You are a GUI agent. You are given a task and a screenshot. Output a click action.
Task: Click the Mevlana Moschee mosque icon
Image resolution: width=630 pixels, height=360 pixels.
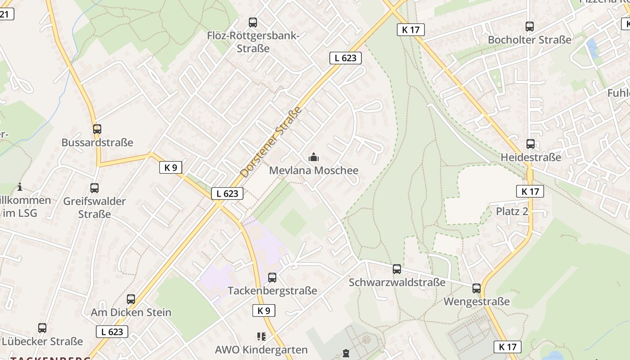(x=314, y=157)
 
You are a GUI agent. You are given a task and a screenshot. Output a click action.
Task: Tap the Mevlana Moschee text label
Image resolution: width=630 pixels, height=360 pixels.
(x=314, y=171)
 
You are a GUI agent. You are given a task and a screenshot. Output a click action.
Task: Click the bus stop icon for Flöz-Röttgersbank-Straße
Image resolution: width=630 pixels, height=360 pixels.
(x=253, y=22)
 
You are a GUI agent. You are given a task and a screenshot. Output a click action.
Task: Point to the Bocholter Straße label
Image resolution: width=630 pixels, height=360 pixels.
(x=530, y=40)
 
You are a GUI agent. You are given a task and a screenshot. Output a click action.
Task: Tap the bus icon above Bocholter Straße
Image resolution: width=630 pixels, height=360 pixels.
(x=530, y=27)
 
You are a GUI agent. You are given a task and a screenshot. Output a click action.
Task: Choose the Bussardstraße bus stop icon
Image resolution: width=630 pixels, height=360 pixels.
(x=97, y=129)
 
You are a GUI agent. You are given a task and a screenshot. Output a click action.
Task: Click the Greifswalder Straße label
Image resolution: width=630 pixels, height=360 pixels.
(x=94, y=207)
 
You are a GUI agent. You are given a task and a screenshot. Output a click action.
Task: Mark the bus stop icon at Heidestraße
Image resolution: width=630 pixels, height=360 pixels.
(x=531, y=144)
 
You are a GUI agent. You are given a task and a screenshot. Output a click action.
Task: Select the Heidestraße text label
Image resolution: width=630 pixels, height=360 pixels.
(x=531, y=157)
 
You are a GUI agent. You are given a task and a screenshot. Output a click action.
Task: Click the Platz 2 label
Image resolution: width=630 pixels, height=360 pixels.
(x=512, y=211)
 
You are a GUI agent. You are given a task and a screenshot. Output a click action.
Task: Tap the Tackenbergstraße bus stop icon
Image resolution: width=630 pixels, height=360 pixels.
(x=272, y=277)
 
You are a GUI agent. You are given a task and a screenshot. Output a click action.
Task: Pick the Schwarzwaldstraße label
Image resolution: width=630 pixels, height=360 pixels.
(x=397, y=283)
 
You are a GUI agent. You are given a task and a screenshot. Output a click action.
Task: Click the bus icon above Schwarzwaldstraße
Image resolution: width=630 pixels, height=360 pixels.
(x=397, y=269)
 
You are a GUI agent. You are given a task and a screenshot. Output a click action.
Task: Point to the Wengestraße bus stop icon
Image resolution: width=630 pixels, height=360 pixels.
(x=477, y=288)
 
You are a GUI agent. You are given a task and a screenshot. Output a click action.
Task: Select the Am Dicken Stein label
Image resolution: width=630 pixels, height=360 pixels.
(x=131, y=312)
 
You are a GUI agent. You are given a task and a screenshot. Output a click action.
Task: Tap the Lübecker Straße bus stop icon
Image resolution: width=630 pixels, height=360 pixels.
(x=42, y=328)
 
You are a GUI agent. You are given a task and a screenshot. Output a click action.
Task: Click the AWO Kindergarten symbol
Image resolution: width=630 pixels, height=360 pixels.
(x=261, y=336)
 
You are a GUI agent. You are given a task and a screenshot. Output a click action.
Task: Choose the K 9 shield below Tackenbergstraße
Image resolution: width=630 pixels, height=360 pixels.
(x=264, y=310)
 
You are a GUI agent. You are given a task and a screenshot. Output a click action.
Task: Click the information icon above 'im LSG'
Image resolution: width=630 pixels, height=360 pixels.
(x=20, y=187)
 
